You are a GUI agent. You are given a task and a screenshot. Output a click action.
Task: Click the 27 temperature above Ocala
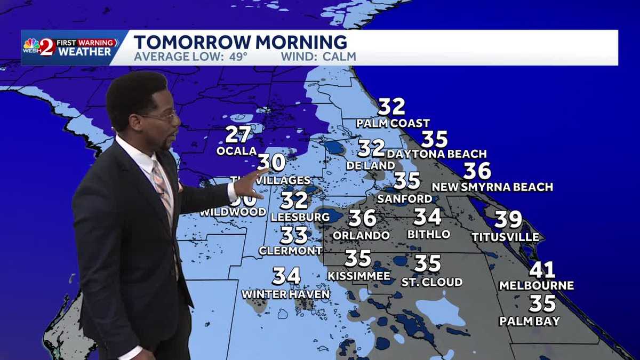coord(238,134)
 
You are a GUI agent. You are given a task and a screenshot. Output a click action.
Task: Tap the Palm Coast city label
coord(393,124)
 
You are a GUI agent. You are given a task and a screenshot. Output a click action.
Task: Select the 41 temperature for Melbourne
coord(542,270)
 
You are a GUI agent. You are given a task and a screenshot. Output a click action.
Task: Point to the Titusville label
coord(505,237)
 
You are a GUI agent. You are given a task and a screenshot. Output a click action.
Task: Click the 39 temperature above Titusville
coord(508,220)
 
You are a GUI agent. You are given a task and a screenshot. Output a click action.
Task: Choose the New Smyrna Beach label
coord(492,187)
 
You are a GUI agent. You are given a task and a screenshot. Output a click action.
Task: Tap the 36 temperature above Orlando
coord(362,218)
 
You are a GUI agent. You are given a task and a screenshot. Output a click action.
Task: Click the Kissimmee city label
coord(358,276)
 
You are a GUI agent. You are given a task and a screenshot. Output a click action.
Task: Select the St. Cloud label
coord(431,282)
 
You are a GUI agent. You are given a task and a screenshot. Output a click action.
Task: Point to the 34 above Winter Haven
coord(286,276)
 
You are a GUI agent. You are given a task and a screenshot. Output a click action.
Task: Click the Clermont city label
coord(290,251)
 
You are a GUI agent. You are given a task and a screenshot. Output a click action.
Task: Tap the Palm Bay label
coord(530,321)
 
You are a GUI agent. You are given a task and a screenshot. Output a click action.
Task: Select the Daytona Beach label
coord(437,154)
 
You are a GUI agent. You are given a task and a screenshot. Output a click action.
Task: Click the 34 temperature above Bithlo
coord(427,217)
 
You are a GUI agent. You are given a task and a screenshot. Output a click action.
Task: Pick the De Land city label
coord(370,166)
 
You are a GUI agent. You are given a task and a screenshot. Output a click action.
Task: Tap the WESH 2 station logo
coord(41,47)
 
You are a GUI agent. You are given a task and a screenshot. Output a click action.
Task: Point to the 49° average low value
coord(235,57)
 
